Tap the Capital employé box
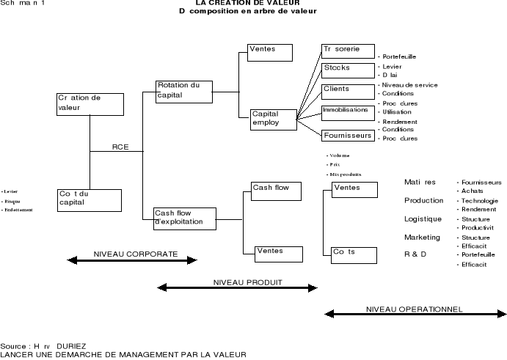[273, 119]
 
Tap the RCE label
[120, 147]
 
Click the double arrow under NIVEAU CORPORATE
[132, 259]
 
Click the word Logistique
[423, 218]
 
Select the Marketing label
[422, 238]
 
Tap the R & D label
[415, 254]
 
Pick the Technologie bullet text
[481, 200]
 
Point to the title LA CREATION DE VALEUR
[248, 3]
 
